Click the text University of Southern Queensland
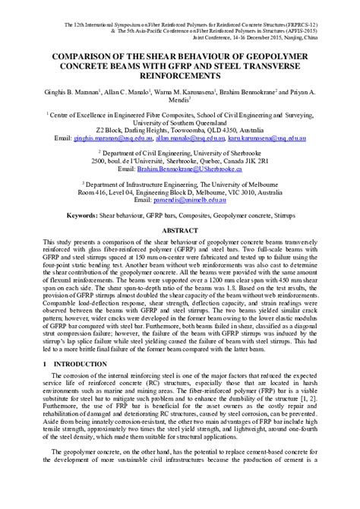(180, 122)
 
